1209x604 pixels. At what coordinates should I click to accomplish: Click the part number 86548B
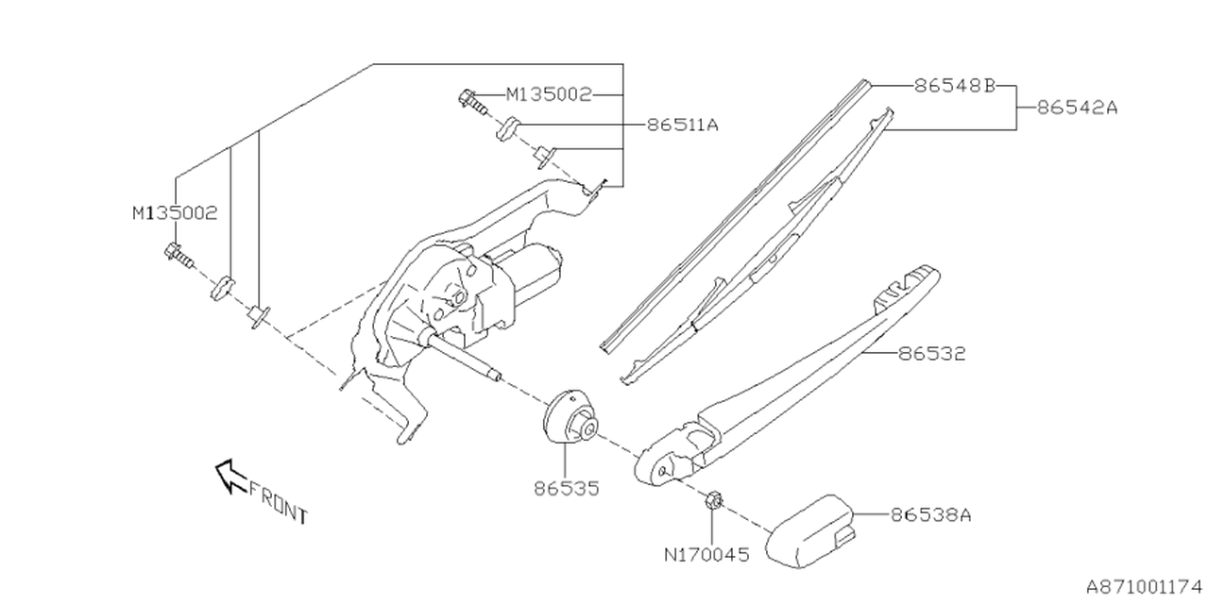(955, 85)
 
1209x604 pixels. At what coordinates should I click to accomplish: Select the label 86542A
(1077, 108)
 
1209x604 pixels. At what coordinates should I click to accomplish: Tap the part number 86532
(931, 354)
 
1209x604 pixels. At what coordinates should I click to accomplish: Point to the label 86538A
(930, 515)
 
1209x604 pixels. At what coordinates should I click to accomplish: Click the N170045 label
(706, 555)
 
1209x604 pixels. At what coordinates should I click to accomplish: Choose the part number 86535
(566, 489)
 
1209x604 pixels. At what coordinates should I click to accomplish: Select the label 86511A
(683, 125)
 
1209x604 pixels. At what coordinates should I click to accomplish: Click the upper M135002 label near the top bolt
(549, 94)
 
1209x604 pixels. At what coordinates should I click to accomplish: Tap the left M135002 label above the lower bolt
(175, 213)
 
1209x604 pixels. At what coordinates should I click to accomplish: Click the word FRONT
(279, 501)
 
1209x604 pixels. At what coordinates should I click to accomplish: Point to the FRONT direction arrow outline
(230, 476)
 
